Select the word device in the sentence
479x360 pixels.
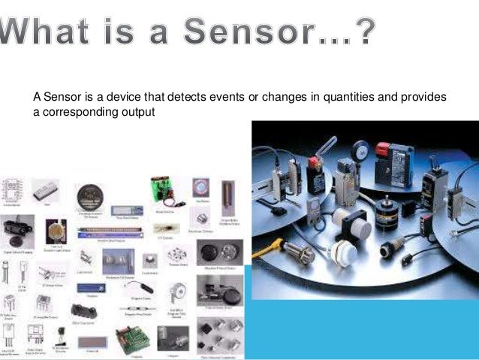pos(128,98)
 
